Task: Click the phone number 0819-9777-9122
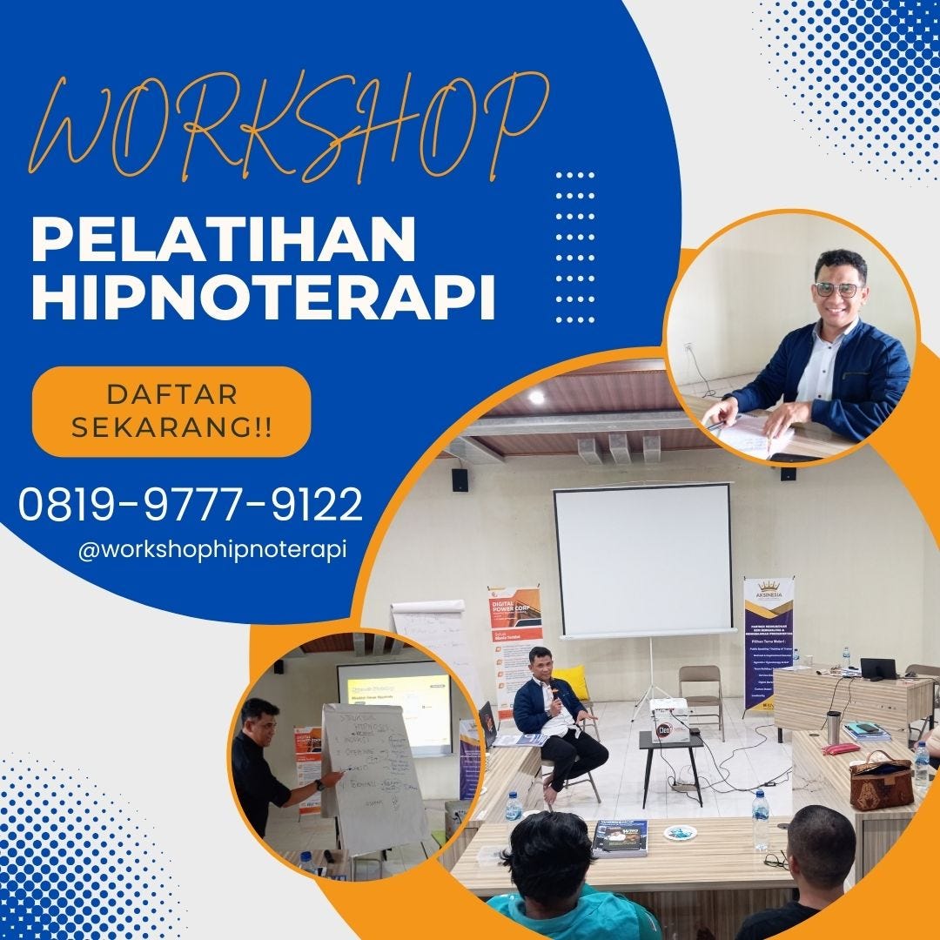[x=191, y=504]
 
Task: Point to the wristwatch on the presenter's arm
[x=319, y=785]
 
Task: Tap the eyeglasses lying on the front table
[x=776, y=860]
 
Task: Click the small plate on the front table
[x=680, y=832]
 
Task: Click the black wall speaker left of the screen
[x=460, y=480]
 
